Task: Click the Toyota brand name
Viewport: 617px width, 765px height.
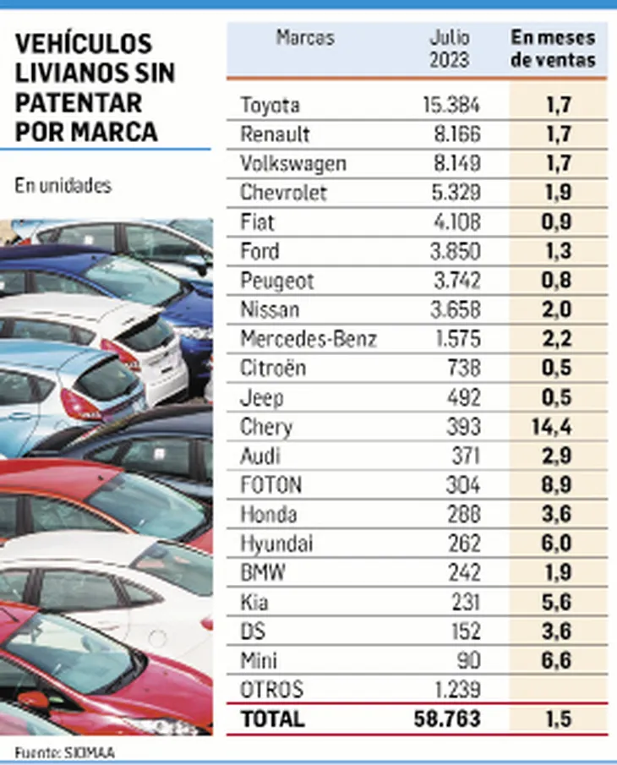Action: click(270, 105)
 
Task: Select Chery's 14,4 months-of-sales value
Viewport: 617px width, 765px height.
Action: click(552, 426)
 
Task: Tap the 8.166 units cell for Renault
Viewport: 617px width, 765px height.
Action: click(452, 134)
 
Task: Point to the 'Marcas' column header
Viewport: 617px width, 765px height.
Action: click(305, 38)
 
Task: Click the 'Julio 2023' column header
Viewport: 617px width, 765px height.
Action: click(450, 48)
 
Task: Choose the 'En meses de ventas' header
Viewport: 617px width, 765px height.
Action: click(554, 49)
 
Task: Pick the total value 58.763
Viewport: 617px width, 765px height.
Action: click(447, 719)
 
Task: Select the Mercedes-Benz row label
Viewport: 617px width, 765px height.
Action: click(308, 338)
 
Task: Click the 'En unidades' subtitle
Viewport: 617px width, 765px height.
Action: click(63, 186)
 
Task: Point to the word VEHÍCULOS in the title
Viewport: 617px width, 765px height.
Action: click(84, 43)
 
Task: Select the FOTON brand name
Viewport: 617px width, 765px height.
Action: click(271, 484)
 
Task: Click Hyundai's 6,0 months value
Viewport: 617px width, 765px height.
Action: click(553, 543)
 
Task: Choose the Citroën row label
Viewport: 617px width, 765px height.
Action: click(273, 368)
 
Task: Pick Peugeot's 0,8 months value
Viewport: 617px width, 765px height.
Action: click(553, 280)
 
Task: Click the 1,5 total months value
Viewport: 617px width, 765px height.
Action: click(553, 719)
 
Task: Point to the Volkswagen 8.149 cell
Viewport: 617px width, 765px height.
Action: click(452, 163)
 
